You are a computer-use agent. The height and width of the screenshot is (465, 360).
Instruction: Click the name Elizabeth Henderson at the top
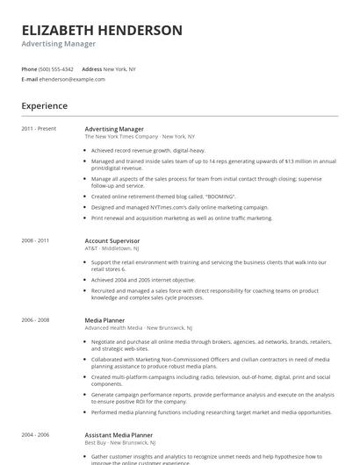pos(102,31)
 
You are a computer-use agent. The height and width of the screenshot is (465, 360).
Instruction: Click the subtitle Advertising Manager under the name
pos(58,44)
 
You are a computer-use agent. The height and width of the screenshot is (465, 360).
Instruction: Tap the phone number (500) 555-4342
pos(56,68)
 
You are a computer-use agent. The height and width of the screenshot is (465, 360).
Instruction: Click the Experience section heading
pos(44,106)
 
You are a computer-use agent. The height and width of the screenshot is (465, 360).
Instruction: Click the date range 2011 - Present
pos(40,129)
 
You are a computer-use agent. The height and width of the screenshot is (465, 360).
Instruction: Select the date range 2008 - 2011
pos(35,240)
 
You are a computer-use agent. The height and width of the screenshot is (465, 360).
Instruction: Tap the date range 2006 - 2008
pos(35,321)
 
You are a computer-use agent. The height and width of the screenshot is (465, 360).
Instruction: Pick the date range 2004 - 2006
pos(35,434)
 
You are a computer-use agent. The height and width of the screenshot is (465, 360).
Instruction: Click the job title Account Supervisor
pos(112,240)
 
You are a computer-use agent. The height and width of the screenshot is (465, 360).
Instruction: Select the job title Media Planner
pos(104,321)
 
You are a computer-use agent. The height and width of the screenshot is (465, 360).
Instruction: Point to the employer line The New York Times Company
pos(121,137)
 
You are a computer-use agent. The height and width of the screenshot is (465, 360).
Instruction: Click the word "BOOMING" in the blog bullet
pos(220,197)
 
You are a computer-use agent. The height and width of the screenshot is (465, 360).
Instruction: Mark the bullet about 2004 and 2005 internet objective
pos(144,279)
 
